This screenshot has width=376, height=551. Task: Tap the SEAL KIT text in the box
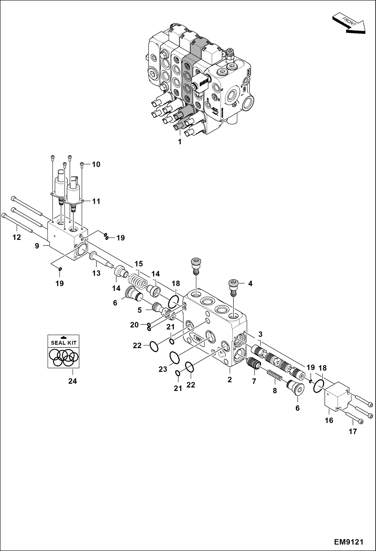[x=64, y=343]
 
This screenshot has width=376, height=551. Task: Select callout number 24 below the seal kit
[x=72, y=381]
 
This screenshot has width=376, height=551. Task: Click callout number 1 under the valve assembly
[x=179, y=142]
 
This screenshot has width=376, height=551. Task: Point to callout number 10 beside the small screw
[x=96, y=164]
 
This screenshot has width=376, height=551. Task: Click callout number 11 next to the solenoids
[x=96, y=201]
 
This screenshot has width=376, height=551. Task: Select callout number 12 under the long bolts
[x=17, y=237]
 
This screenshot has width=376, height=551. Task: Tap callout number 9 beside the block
[x=37, y=246]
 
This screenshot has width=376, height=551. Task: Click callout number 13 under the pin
[x=96, y=273]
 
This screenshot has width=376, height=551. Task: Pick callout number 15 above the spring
[x=139, y=264]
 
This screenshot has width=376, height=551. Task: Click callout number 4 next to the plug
[x=250, y=283]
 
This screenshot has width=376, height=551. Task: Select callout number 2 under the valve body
[x=229, y=380]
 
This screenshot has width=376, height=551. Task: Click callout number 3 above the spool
[x=260, y=334]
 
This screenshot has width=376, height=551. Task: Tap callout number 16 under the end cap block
[x=329, y=420]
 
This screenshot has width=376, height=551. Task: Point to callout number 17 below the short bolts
[x=353, y=431]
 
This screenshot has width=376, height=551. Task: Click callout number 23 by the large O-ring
[x=163, y=369]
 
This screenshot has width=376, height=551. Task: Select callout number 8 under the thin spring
[x=275, y=390]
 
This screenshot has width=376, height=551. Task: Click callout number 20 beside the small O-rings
[x=134, y=325]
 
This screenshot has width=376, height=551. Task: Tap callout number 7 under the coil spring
[x=254, y=381]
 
